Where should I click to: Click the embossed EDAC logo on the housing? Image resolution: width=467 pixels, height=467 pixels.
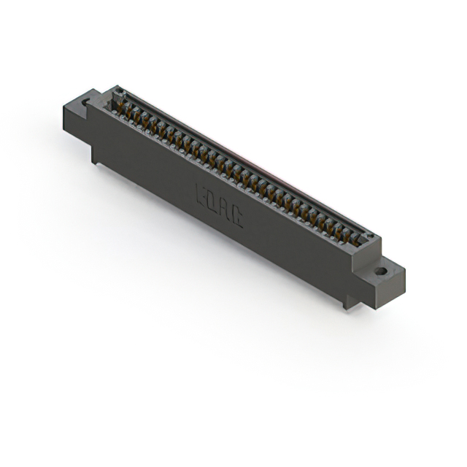coord(219,204)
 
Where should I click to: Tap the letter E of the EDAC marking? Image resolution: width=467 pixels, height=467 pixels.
coord(202,194)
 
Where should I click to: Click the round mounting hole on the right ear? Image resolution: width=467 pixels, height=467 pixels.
coord(381,271)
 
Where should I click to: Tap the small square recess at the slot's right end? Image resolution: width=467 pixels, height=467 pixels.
coord(370,236)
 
